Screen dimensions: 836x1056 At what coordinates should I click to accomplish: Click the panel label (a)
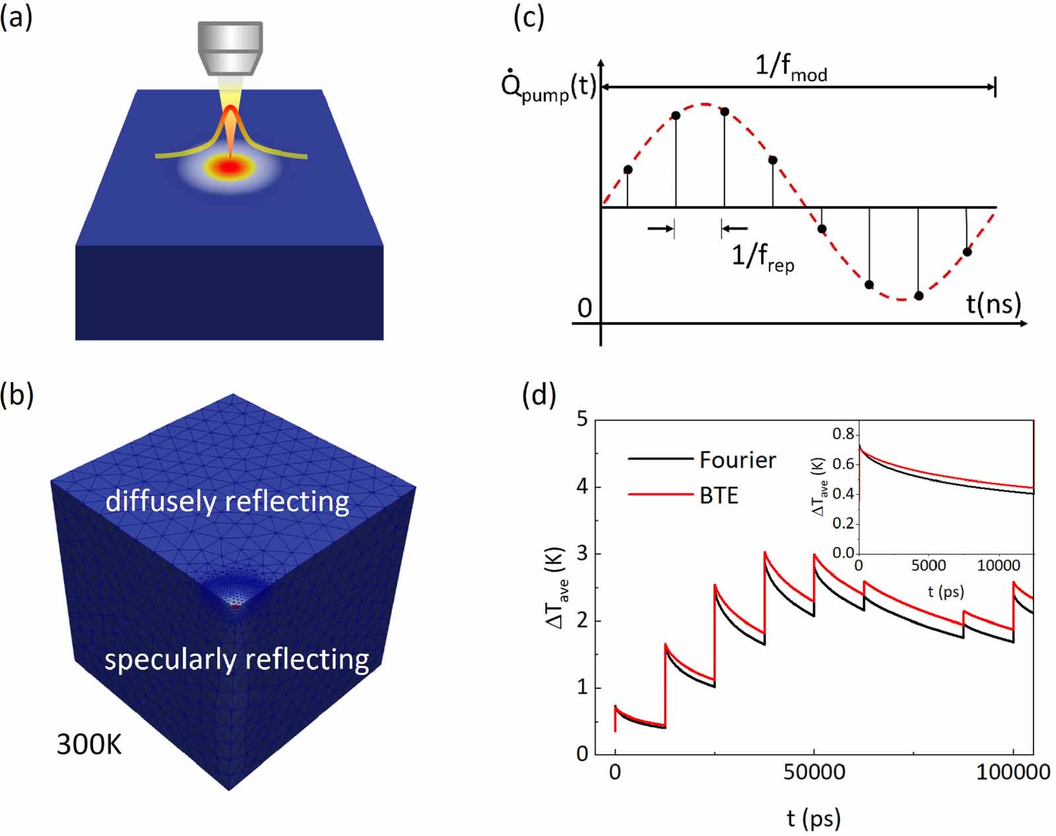click(16, 18)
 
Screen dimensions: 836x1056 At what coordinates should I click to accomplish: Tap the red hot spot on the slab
click(229, 168)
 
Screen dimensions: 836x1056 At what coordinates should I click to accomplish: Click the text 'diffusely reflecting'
click(227, 502)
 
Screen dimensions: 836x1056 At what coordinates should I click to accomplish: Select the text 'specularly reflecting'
click(236, 659)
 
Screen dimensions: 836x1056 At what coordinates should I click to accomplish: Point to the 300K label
click(89, 745)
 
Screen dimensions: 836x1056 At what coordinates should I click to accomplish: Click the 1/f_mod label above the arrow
click(791, 67)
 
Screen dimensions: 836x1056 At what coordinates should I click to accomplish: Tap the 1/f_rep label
click(762, 256)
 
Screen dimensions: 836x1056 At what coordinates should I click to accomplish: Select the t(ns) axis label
click(993, 304)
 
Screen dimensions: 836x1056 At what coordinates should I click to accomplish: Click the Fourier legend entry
click(737, 460)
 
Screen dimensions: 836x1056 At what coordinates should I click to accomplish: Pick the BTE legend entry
click(718, 496)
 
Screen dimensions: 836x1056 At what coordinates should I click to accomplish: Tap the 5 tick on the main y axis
click(581, 420)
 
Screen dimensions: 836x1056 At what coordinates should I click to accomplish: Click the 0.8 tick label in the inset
click(843, 434)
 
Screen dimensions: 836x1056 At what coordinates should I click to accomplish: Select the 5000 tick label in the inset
click(928, 565)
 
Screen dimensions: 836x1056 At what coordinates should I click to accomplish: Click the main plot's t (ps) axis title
click(813, 819)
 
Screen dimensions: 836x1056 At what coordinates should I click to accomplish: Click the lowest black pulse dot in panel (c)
click(919, 296)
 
